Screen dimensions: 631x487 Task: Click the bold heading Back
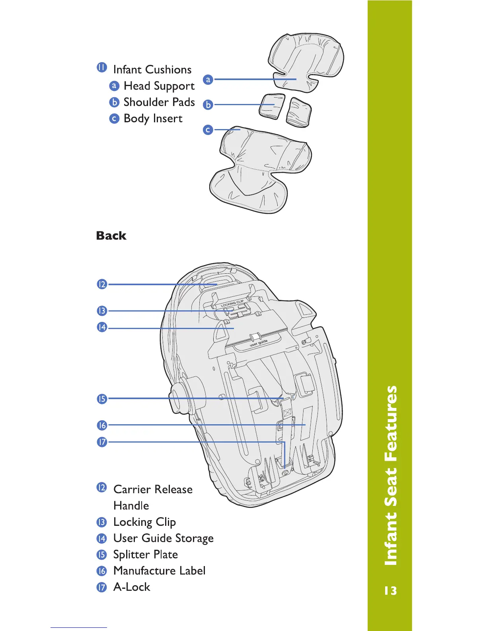pos(111,236)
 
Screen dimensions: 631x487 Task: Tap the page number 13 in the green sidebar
pos(390,590)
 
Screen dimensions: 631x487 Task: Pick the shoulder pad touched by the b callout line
pos(272,106)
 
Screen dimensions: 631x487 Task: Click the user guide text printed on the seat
pos(259,343)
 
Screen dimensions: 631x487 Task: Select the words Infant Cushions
pos(152,70)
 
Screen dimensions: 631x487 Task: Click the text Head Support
pos(159,86)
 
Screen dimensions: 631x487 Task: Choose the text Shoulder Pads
pos(159,102)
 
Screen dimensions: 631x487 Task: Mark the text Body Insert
pos(153,119)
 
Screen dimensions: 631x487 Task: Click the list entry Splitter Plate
pos(145,555)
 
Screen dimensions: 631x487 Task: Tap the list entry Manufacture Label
pos(159,571)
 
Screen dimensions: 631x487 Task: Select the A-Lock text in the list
pos(132,587)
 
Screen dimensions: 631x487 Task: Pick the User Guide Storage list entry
pos(163,538)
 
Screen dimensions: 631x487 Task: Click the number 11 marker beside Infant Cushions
pos(102,68)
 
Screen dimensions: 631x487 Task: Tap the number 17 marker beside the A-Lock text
pos(102,587)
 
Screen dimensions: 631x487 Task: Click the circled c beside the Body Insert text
pos(114,119)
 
